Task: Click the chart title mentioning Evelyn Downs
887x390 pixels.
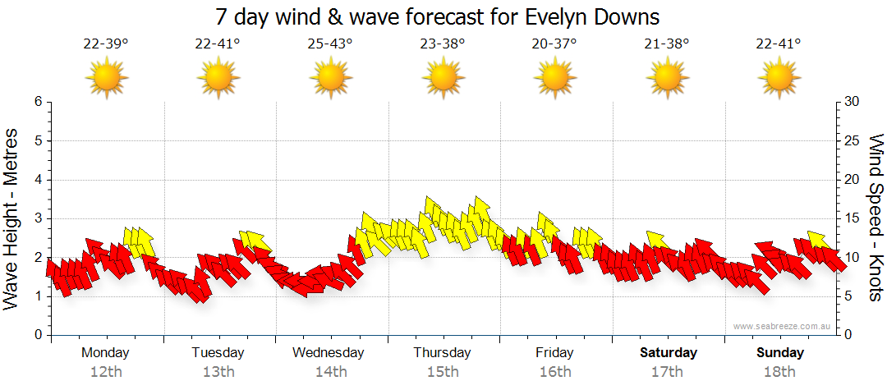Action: point(438,16)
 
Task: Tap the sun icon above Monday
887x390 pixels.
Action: point(106,78)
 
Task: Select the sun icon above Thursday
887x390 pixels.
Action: point(443,78)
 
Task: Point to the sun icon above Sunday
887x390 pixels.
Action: point(779,78)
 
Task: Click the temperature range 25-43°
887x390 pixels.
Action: point(330,44)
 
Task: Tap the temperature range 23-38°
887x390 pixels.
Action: point(443,44)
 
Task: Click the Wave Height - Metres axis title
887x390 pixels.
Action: point(12,219)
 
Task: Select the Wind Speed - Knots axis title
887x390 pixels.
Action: point(876,218)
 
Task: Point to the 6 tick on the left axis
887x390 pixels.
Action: point(37,102)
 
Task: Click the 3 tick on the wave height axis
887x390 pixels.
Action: point(37,218)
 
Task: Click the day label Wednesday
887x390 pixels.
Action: point(329,353)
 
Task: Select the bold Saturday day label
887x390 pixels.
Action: point(668,353)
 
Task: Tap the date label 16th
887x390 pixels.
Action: point(555,372)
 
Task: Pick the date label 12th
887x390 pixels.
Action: point(105,372)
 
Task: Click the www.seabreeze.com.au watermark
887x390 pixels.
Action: point(783,326)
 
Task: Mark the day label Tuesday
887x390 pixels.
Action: point(218,353)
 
